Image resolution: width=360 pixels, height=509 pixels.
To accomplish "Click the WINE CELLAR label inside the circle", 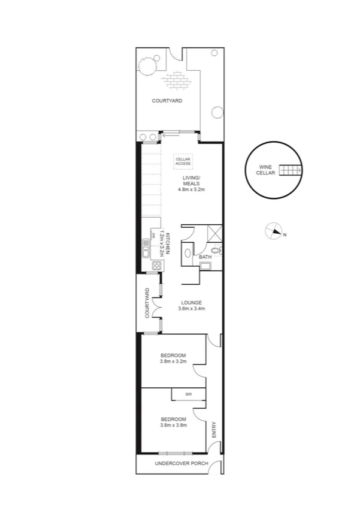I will [x=266, y=170].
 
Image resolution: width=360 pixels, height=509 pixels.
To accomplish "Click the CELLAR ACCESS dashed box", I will [x=183, y=161].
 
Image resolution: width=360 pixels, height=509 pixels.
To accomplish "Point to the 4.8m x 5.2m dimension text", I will [x=192, y=189].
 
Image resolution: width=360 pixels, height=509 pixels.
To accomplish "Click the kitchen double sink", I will [x=146, y=246].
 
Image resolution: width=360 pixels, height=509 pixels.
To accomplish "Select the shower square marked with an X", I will [x=214, y=233].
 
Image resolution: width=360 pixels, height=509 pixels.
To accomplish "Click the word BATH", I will [x=205, y=257].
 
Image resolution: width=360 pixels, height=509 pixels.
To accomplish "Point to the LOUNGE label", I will [x=192, y=302].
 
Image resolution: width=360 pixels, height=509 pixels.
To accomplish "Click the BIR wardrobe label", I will [x=189, y=394].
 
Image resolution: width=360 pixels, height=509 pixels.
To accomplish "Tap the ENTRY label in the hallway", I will [x=213, y=430].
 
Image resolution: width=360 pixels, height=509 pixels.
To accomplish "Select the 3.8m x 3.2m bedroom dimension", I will [x=174, y=362].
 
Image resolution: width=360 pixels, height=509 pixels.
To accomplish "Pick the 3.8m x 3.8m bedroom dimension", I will [x=174, y=425].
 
